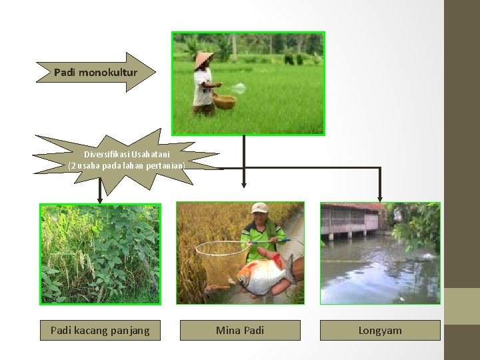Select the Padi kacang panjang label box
[x=100, y=330]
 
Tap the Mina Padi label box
[x=240, y=330]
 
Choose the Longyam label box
[x=380, y=330]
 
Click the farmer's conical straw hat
[x=205, y=59]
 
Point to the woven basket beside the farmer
[x=225, y=101]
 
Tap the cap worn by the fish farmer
[x=259, y=208]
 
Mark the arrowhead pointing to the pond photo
[x=380, y=198]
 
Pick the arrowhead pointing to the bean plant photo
[x=100, y=199]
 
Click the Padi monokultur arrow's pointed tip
[x=155, y=71]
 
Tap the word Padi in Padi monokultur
[x=65, y=71]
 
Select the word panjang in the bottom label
[x=131, y=330]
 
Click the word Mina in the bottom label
[x=226, y=330]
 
